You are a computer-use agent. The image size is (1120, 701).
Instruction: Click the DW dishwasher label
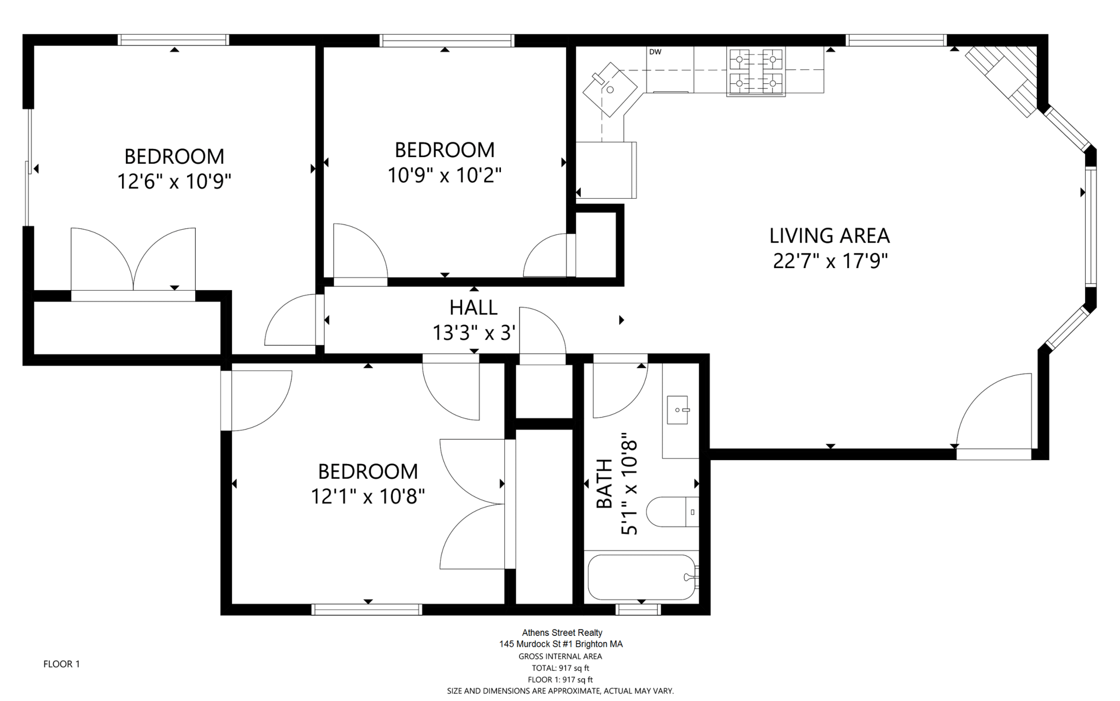point(655,52)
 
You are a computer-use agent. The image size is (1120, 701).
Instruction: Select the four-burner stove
point(756,72)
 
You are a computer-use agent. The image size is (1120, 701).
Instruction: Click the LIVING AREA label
point(830,236)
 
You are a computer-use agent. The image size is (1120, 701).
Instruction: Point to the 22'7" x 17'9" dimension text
point(830,261)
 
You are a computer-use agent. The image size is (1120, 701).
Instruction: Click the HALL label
point(474,308)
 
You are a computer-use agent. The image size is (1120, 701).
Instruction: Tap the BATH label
point(604,484)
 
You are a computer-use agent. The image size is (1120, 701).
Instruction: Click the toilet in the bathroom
point(672,512)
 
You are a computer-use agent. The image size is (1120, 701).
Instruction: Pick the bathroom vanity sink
point(678,410)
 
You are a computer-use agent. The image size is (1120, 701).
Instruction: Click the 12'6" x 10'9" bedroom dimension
point(174,181)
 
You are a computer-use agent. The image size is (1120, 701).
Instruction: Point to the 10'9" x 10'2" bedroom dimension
point(445,176)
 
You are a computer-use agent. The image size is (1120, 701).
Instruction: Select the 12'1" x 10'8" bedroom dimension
point(368,497)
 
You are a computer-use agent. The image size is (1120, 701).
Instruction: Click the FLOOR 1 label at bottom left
point(62,664)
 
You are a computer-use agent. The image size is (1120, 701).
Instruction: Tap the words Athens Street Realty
point(562,633)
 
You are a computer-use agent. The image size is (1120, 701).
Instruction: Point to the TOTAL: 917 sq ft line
point(561,668)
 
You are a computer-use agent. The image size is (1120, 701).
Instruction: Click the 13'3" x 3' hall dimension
point(474,333)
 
